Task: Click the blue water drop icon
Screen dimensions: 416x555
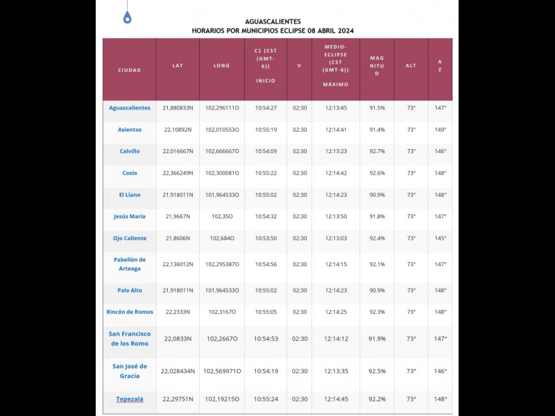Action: [x=127, y=17]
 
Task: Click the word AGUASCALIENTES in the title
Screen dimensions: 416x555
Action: [x=273, y=21]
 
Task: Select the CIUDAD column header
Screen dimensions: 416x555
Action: [x=130, y=70]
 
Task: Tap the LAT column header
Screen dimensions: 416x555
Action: [x=178, y=66]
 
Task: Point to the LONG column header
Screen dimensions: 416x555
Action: [x=221, y=66]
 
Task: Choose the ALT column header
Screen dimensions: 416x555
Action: [x=411, y=66]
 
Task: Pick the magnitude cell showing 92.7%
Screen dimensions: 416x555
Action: [x=377, y=151]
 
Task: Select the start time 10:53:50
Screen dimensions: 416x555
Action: [x=266, y=238]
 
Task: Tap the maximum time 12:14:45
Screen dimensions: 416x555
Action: [x=336, y=399]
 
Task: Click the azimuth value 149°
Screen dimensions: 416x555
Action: [x=440, y=130]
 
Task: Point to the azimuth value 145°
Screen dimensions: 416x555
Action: [x=440, y=238]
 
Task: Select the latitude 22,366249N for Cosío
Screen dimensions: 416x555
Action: [x=178, y=173]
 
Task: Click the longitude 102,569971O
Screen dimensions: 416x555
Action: [x=221, y=371]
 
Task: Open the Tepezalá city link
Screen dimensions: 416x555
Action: [x=130, y=399]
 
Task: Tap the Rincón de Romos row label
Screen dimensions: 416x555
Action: [x=130, y=312]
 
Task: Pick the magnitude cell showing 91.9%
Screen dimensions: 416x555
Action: [x=377, y=338]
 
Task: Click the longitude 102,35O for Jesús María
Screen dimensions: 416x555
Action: [x=221, y=216]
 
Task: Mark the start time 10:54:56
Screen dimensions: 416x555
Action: [x=266, y=264]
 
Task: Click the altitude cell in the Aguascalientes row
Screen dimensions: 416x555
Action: [x=411, y=108]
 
